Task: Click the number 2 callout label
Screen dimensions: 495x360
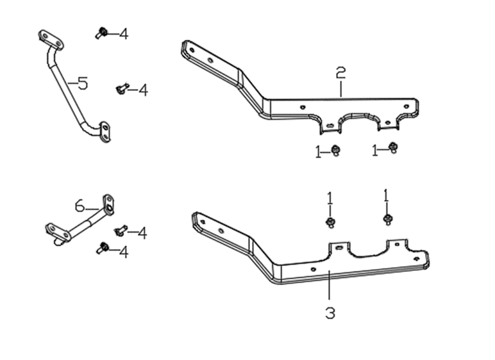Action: (x=340, y=73)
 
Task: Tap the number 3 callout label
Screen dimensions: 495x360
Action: (x=330, y=313)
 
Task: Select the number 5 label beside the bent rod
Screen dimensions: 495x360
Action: (x=83, y=84)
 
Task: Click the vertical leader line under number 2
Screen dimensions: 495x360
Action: (x=341, y=89)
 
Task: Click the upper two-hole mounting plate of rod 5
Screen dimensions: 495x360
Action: (x=51, y=40)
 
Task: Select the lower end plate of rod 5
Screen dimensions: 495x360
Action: (x=105, y=131)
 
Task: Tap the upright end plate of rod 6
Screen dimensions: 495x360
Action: (x=108, y=204)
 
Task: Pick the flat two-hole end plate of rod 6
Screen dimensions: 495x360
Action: (x=58, y=232)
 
